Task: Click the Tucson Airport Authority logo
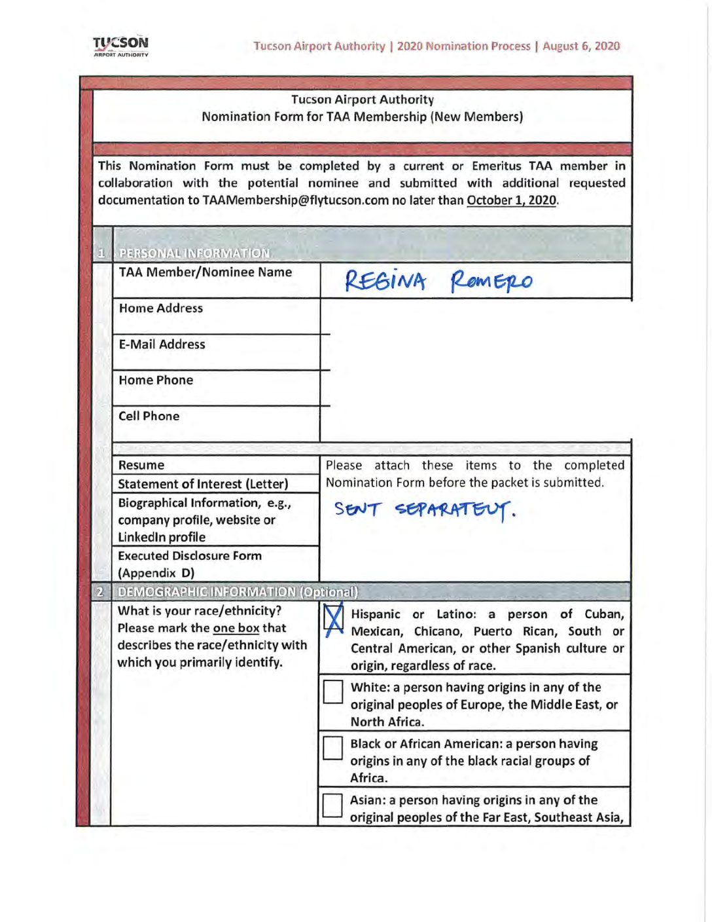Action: (120, 46)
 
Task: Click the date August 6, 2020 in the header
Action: (580, 46)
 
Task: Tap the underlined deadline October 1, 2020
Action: (511, 200)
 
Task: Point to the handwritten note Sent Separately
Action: (424, 509)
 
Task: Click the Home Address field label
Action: (161, 308)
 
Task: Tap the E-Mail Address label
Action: (162, 344)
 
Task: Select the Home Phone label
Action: (156, 380)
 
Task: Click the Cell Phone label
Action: (149, 416)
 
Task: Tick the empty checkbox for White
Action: (333, 691)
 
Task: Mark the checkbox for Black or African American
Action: (333, 748)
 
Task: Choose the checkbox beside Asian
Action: (333, 805)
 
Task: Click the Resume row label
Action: (141, 466)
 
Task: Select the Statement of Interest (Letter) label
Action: (203, 484)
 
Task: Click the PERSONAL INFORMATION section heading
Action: (194, 253)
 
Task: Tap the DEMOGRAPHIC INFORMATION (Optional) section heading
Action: (238, 592)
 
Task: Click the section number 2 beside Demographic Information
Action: (100, 592)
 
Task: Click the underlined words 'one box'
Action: (236, 628)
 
